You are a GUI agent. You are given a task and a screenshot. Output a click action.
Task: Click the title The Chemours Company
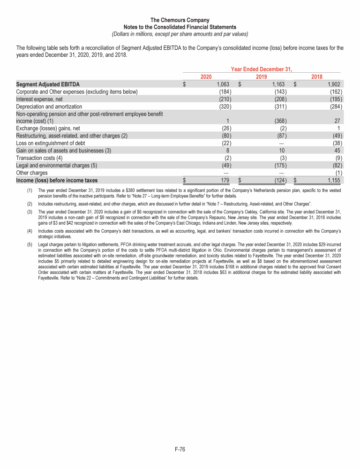pos(180,20)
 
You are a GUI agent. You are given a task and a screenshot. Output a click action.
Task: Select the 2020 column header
pos(206,76)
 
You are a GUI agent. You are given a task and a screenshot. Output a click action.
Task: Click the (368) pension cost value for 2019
pos(280,121)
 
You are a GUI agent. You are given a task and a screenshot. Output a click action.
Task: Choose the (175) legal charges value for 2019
pos(280,165)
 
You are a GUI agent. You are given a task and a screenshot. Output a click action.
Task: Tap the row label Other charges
pos(32,173)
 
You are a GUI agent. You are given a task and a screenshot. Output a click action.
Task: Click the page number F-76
pos(180,450)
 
